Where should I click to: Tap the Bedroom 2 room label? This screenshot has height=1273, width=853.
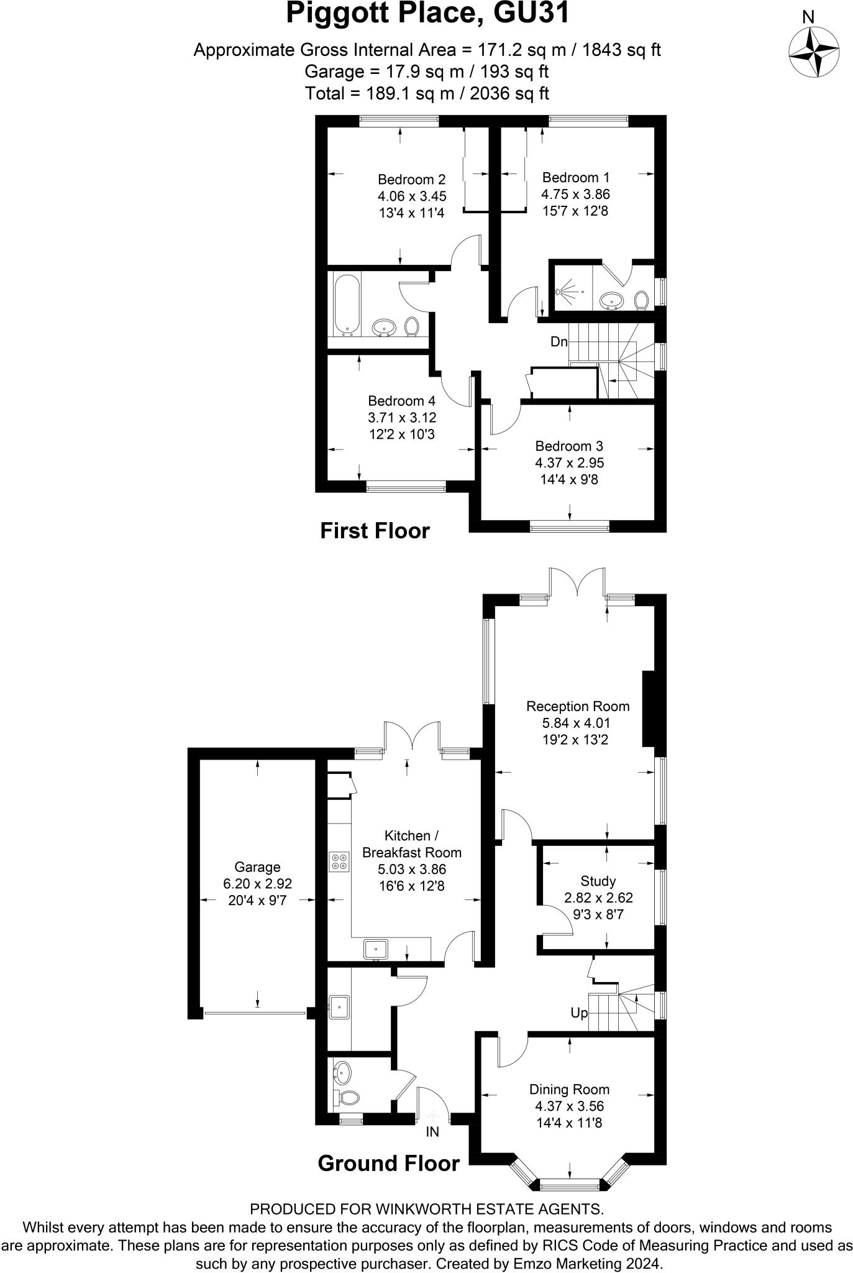pos(411,180)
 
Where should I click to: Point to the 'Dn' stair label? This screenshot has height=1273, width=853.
pos(559,342)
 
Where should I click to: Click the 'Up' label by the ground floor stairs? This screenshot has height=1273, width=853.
pos(578,1013)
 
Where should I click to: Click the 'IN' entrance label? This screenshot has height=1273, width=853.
pos(432,1132)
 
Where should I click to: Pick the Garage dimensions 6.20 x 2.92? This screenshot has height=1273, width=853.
pos(257,883)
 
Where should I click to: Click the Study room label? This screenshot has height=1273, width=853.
pos(598,881)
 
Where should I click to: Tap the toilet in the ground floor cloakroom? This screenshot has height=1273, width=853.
pos(345,1097)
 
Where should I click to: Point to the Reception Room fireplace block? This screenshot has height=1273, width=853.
pos(649,708)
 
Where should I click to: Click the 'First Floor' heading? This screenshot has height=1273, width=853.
pos(375,531)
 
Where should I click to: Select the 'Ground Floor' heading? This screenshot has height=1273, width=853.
pos(388,1163)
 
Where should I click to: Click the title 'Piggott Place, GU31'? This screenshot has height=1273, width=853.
pos(427,14)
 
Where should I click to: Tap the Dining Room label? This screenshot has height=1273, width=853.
pos(569,1089)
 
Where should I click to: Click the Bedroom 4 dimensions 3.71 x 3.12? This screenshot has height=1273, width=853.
pos(401,417)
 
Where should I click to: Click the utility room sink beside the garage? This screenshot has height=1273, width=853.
pos(339,1006)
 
